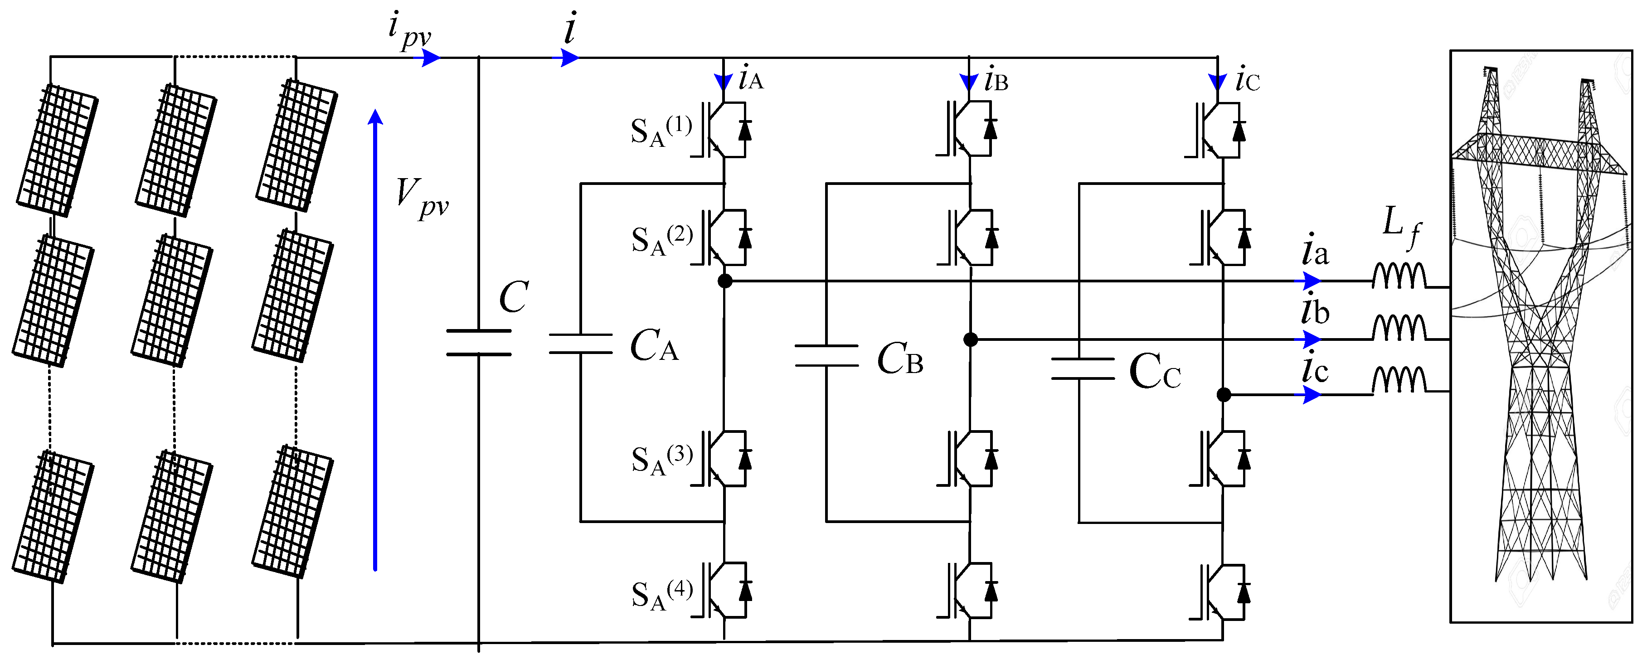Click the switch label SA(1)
click(661, 131)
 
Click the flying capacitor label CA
click(653, 346)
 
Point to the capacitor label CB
click(899, 359)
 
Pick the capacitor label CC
click(1154, 372)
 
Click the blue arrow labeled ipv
click(427, 58)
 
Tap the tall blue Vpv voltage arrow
click(375, 339)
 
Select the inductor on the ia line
click(1399, 276)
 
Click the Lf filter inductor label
click(1401, 226)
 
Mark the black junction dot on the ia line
click(724, 281)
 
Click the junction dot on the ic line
click(1223, 395)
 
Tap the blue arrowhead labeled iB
click(969, 82)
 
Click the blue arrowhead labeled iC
click(1217, 82)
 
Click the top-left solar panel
click(58, 150)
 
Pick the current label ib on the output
click(1315, 311)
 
